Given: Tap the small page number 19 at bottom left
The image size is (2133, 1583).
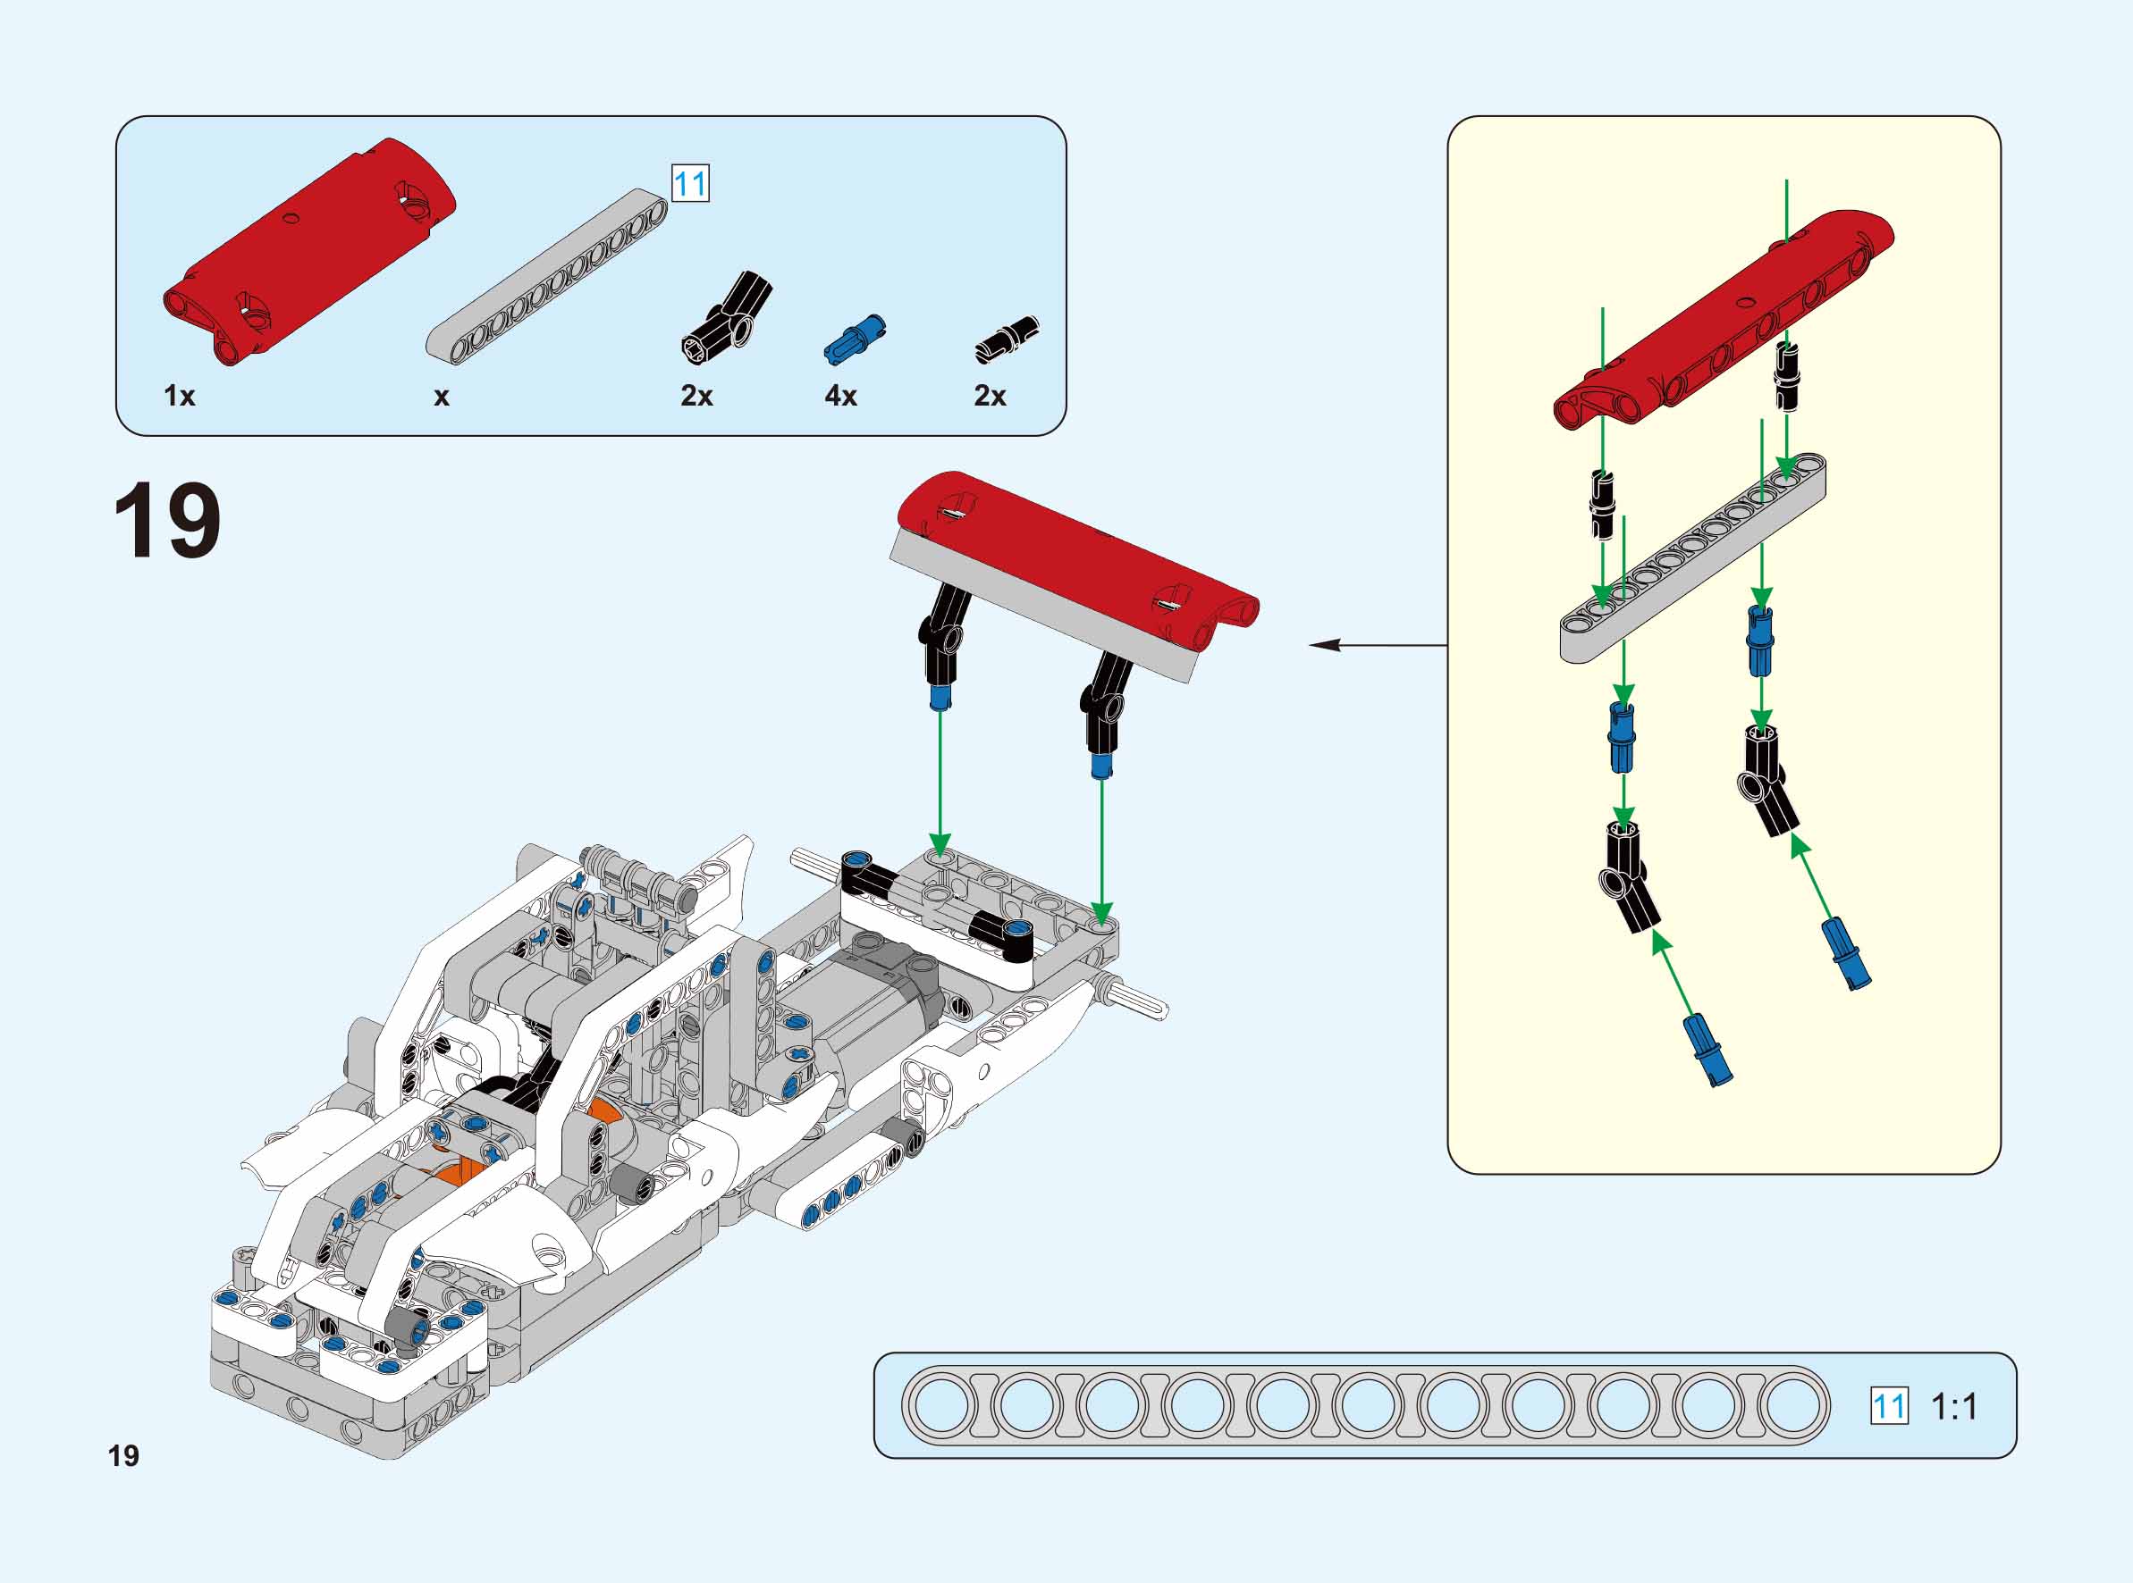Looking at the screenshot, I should pyautogui.click(x=123, y=1455).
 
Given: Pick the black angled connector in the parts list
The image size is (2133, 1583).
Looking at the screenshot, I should pyautogui.click(x=729, y=317).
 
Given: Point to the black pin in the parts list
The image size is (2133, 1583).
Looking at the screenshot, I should pyautogui.click(x=1007, y=339).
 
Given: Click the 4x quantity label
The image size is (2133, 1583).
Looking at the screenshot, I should pyautogui.click(x=840, y=396).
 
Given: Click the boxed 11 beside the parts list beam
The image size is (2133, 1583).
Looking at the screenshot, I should pyautogui.click(x=690, y=183).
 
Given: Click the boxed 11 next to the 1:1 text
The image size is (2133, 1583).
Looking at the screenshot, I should pyautogui.click(x=1889, y=1407).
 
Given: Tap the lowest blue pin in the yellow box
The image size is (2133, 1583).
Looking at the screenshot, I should pyautogui.click(x=1707, y=1051).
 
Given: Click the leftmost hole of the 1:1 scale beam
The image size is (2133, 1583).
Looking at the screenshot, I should pyautogui.click(x=941, y=1406).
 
